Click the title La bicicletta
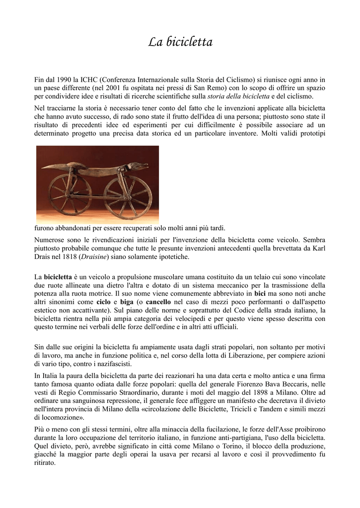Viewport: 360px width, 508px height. [180, 43]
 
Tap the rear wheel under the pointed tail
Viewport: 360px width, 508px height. [70, 194]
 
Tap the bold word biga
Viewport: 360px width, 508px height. [127, 302]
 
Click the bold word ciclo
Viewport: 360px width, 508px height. [103, 302]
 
